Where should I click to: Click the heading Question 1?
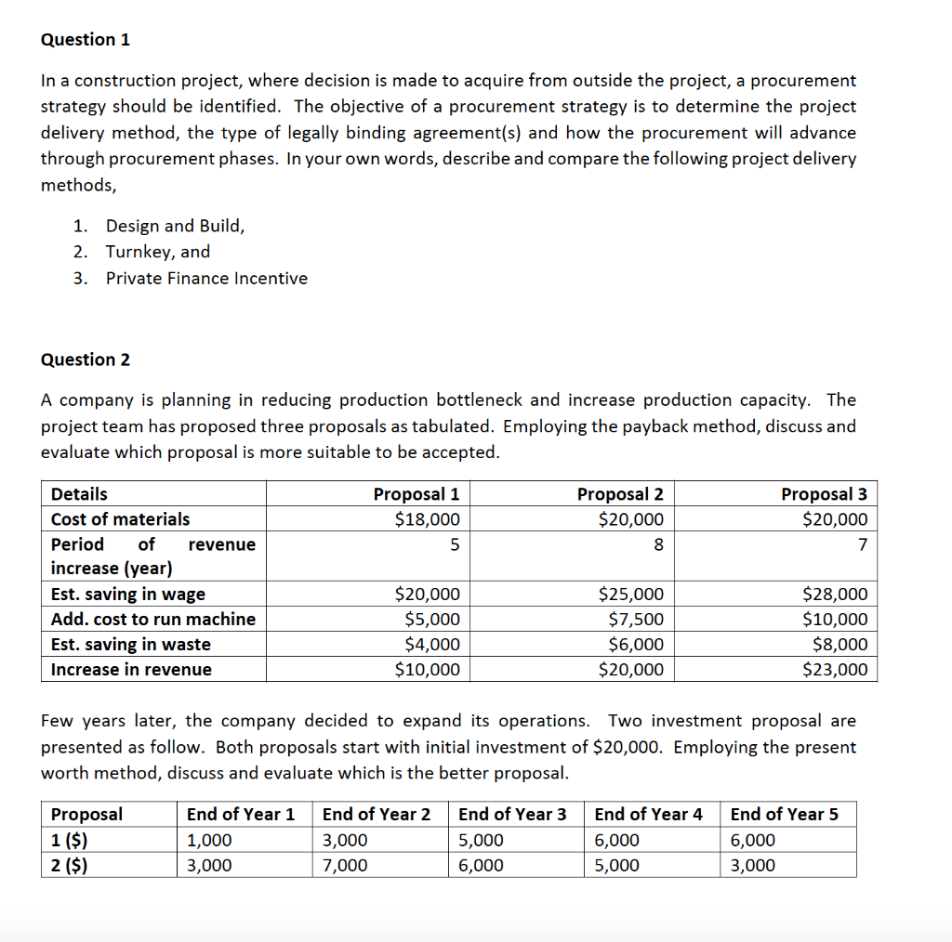click(86, 39)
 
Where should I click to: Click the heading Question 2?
click(86, 360)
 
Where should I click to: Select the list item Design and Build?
click(175, 226)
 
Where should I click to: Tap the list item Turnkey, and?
click(158, 252)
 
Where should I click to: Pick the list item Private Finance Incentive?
click(206, 278)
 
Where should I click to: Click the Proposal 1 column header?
click(416, 494)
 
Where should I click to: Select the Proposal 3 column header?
click(824, 494)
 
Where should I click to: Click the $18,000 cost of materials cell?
click(428, 519)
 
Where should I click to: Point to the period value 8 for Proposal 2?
click(658, 544)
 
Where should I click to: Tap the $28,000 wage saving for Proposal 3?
click(835, 595)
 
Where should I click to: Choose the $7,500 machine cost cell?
click(636, 620)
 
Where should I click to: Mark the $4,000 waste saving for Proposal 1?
click(431, 645)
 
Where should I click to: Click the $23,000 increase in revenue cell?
click(835, 670)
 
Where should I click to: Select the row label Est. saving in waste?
click(131, 645)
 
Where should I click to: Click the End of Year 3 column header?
click(512, 815)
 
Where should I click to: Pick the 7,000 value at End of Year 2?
click(345, 866)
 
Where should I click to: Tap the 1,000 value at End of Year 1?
click(209, 841)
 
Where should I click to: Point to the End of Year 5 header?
click(784, 815)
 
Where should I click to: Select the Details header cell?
click(79, 494)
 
